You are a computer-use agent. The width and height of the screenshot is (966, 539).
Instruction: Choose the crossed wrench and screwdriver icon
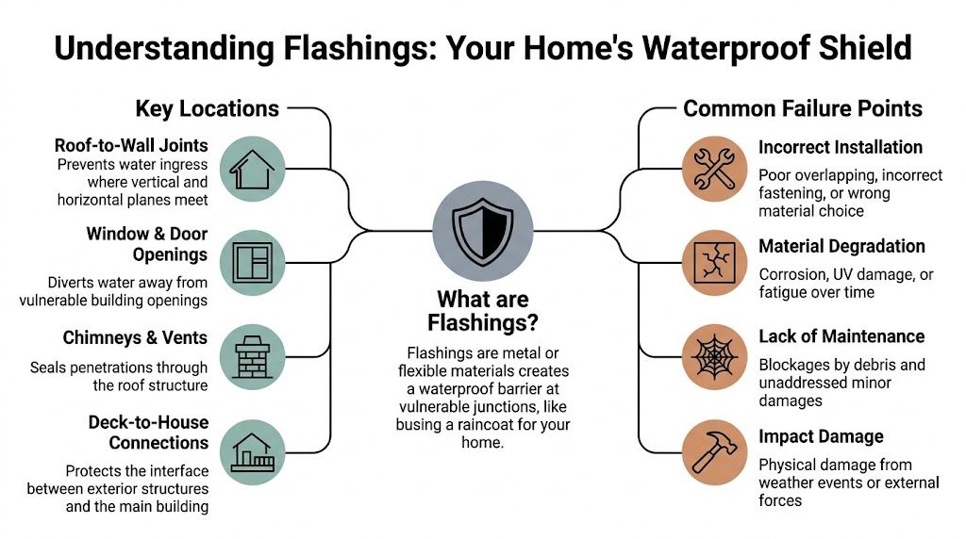click(714, 169)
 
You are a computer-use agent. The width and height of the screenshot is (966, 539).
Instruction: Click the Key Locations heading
click(207, 108)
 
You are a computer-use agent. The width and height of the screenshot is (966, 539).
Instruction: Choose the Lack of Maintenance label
click(841, 336)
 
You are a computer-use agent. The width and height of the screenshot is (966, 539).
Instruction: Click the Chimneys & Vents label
click(135, 337)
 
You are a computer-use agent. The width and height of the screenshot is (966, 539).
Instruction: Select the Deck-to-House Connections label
click(149, 433)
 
